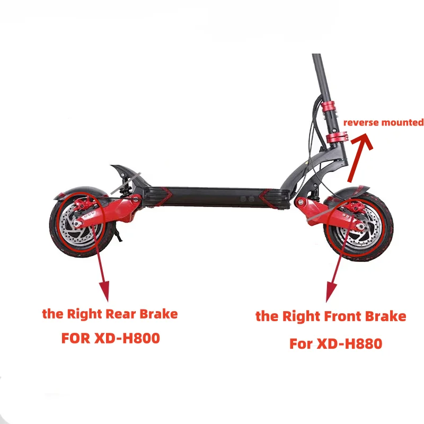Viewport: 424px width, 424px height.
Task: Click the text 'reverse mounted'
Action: click(383, 122)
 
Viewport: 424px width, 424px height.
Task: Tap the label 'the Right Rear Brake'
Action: click(110, 314)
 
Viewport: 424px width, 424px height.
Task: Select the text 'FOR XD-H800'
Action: click(110, 338)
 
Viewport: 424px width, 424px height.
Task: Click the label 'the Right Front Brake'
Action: click(331, 316)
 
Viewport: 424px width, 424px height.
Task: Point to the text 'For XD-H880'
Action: click(335, 343)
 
